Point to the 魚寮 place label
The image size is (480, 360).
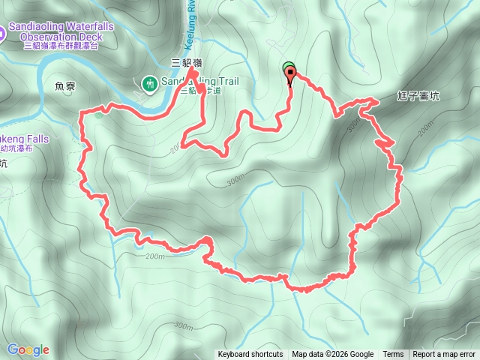pyautogui.click(x=66, y=86)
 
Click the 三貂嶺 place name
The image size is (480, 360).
pyautogui.click(x=187, y=64)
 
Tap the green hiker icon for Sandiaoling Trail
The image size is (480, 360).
pyautogui.click(x=148, y=82)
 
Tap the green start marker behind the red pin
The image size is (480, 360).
pyautogui.click(x=288, y=67)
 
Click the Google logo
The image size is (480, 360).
pyautogui.click(x=28, y=349)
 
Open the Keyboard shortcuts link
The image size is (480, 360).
pyautogui.click(x=250, y=355)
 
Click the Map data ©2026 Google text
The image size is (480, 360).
pyautogui.click(x=333, y=355)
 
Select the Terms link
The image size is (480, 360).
pyautogui.click(x=393, y=355)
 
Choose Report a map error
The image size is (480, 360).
pyautogui.click(x=444, y=355)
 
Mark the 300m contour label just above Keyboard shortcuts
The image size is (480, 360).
pyautogui.click(x=182, y=325)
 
